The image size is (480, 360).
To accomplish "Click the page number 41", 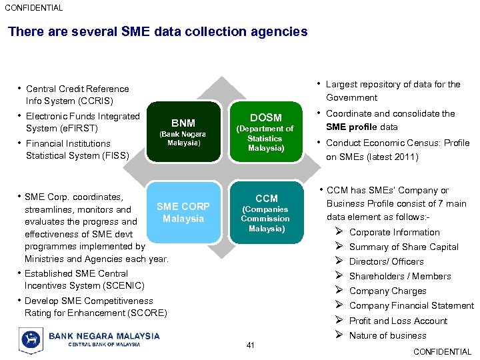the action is pos(251,345).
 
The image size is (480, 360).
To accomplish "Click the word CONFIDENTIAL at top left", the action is pos(34,8).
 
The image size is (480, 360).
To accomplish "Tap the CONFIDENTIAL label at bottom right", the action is pos(442,351).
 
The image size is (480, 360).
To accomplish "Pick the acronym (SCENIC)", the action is pos(123,285).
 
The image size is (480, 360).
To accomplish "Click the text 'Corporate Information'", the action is pos(394,232).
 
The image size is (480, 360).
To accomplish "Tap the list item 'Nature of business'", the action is pos(387,335).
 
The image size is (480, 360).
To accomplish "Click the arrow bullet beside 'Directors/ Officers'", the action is pos(339,261).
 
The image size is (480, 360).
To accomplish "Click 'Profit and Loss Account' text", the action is pos(398,321).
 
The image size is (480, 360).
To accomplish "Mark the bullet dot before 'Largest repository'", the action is pos(320,84).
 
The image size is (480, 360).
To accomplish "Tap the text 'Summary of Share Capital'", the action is pos(403,247).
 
